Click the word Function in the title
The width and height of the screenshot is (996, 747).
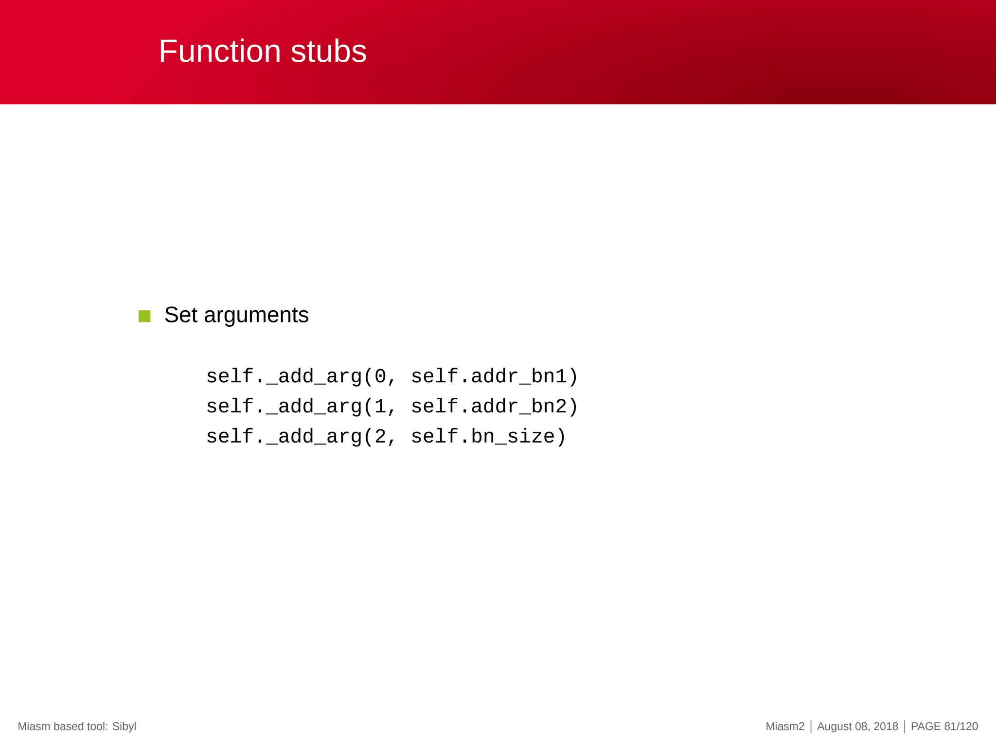point(220,52)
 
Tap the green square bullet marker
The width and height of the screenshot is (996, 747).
point(144,316)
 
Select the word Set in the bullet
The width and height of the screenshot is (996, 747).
point(180,315)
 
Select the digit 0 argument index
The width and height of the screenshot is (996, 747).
point(380,376)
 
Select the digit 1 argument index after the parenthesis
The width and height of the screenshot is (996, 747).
point(380,407)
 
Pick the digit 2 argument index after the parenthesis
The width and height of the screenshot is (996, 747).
point(380,437)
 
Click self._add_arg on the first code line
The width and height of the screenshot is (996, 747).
point(284,376)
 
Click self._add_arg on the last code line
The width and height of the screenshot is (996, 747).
point(284,437)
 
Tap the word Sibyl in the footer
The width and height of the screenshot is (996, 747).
point(124,727)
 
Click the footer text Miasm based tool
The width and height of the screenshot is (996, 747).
point(62,727)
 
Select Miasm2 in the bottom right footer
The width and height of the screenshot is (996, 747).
point(785,727)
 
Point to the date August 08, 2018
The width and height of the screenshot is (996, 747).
point(857,727)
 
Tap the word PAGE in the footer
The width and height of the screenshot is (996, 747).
point(925,727)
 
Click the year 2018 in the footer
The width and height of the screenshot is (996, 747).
point(886,727)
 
